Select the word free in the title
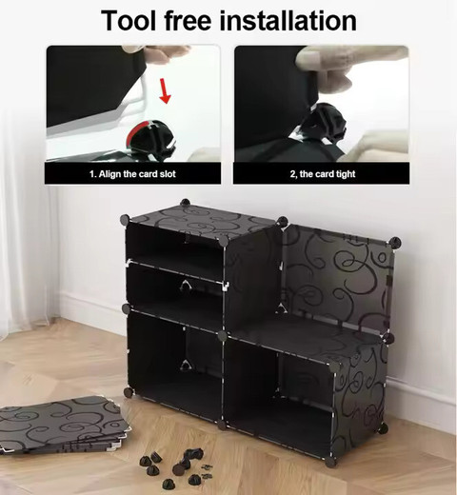click(188, 20)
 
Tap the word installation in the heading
click(288, 20)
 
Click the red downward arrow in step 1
click(165, 91)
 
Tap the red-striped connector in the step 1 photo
click(150, 139)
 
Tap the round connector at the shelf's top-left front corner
click(125, 219)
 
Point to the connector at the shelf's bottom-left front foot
click(129, 392)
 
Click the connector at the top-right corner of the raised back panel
click(395, 243)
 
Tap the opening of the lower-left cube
click(174, 365)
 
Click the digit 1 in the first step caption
click(92, 174)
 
